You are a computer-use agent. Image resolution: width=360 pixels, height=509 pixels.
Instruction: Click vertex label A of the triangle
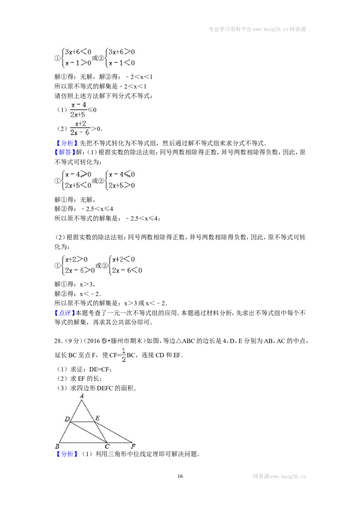pyautogui.click(x=81, y=396)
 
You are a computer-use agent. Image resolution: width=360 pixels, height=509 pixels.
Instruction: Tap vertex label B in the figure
pyautogui.click(x=57, y=446)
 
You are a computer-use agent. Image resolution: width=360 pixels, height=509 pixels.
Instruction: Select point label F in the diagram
pyautogui.click(x=133, y=446)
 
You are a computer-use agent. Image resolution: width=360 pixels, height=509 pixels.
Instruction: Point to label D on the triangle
pyautogui.click(x=67, y=419)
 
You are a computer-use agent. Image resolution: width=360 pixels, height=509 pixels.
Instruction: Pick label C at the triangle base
pyautogui.click(x=107, y=446)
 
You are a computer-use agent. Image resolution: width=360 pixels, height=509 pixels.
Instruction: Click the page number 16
pyautogui.click(x=180, y=476)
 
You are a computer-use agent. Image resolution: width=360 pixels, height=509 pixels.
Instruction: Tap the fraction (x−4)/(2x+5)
pyautogui.click(x=78, y=110)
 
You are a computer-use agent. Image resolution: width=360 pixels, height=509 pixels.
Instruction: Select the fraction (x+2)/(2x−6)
pyautogui.click(x=80, y=128)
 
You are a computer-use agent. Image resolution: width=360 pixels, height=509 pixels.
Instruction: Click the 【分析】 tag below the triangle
pyautogui.click(x=67, y=454)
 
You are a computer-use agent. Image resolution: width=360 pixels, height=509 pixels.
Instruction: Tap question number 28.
pyautogui.click(x=58, y=341)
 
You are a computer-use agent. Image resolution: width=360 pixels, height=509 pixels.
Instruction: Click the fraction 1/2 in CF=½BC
pyautogui.click(x=123, y=355)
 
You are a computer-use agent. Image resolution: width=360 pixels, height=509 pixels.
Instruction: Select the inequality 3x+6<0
pyautogui.click(x=78, y=52)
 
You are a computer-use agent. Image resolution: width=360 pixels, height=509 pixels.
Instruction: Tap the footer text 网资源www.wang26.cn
pyautogui.click(x=279, y=477)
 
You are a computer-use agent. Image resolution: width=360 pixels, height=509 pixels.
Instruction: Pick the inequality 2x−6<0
pyautogui.click(x=127, y=270)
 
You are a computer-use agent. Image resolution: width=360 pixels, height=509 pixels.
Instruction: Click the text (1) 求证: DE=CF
pyautogui.click(x=85, y=369)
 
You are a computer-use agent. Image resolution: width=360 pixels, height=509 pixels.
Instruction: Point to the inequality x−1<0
pyautogui.click(x=121, y=63)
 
